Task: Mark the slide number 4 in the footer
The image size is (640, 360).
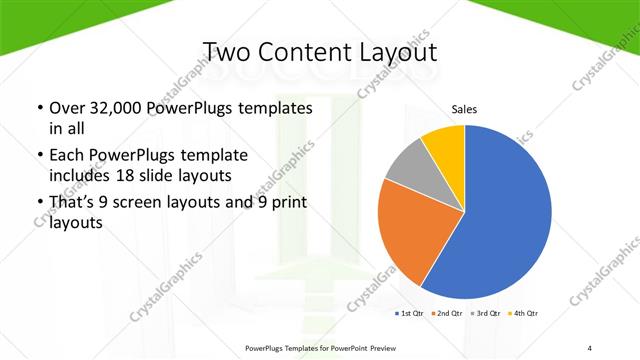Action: tap(590, 348)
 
